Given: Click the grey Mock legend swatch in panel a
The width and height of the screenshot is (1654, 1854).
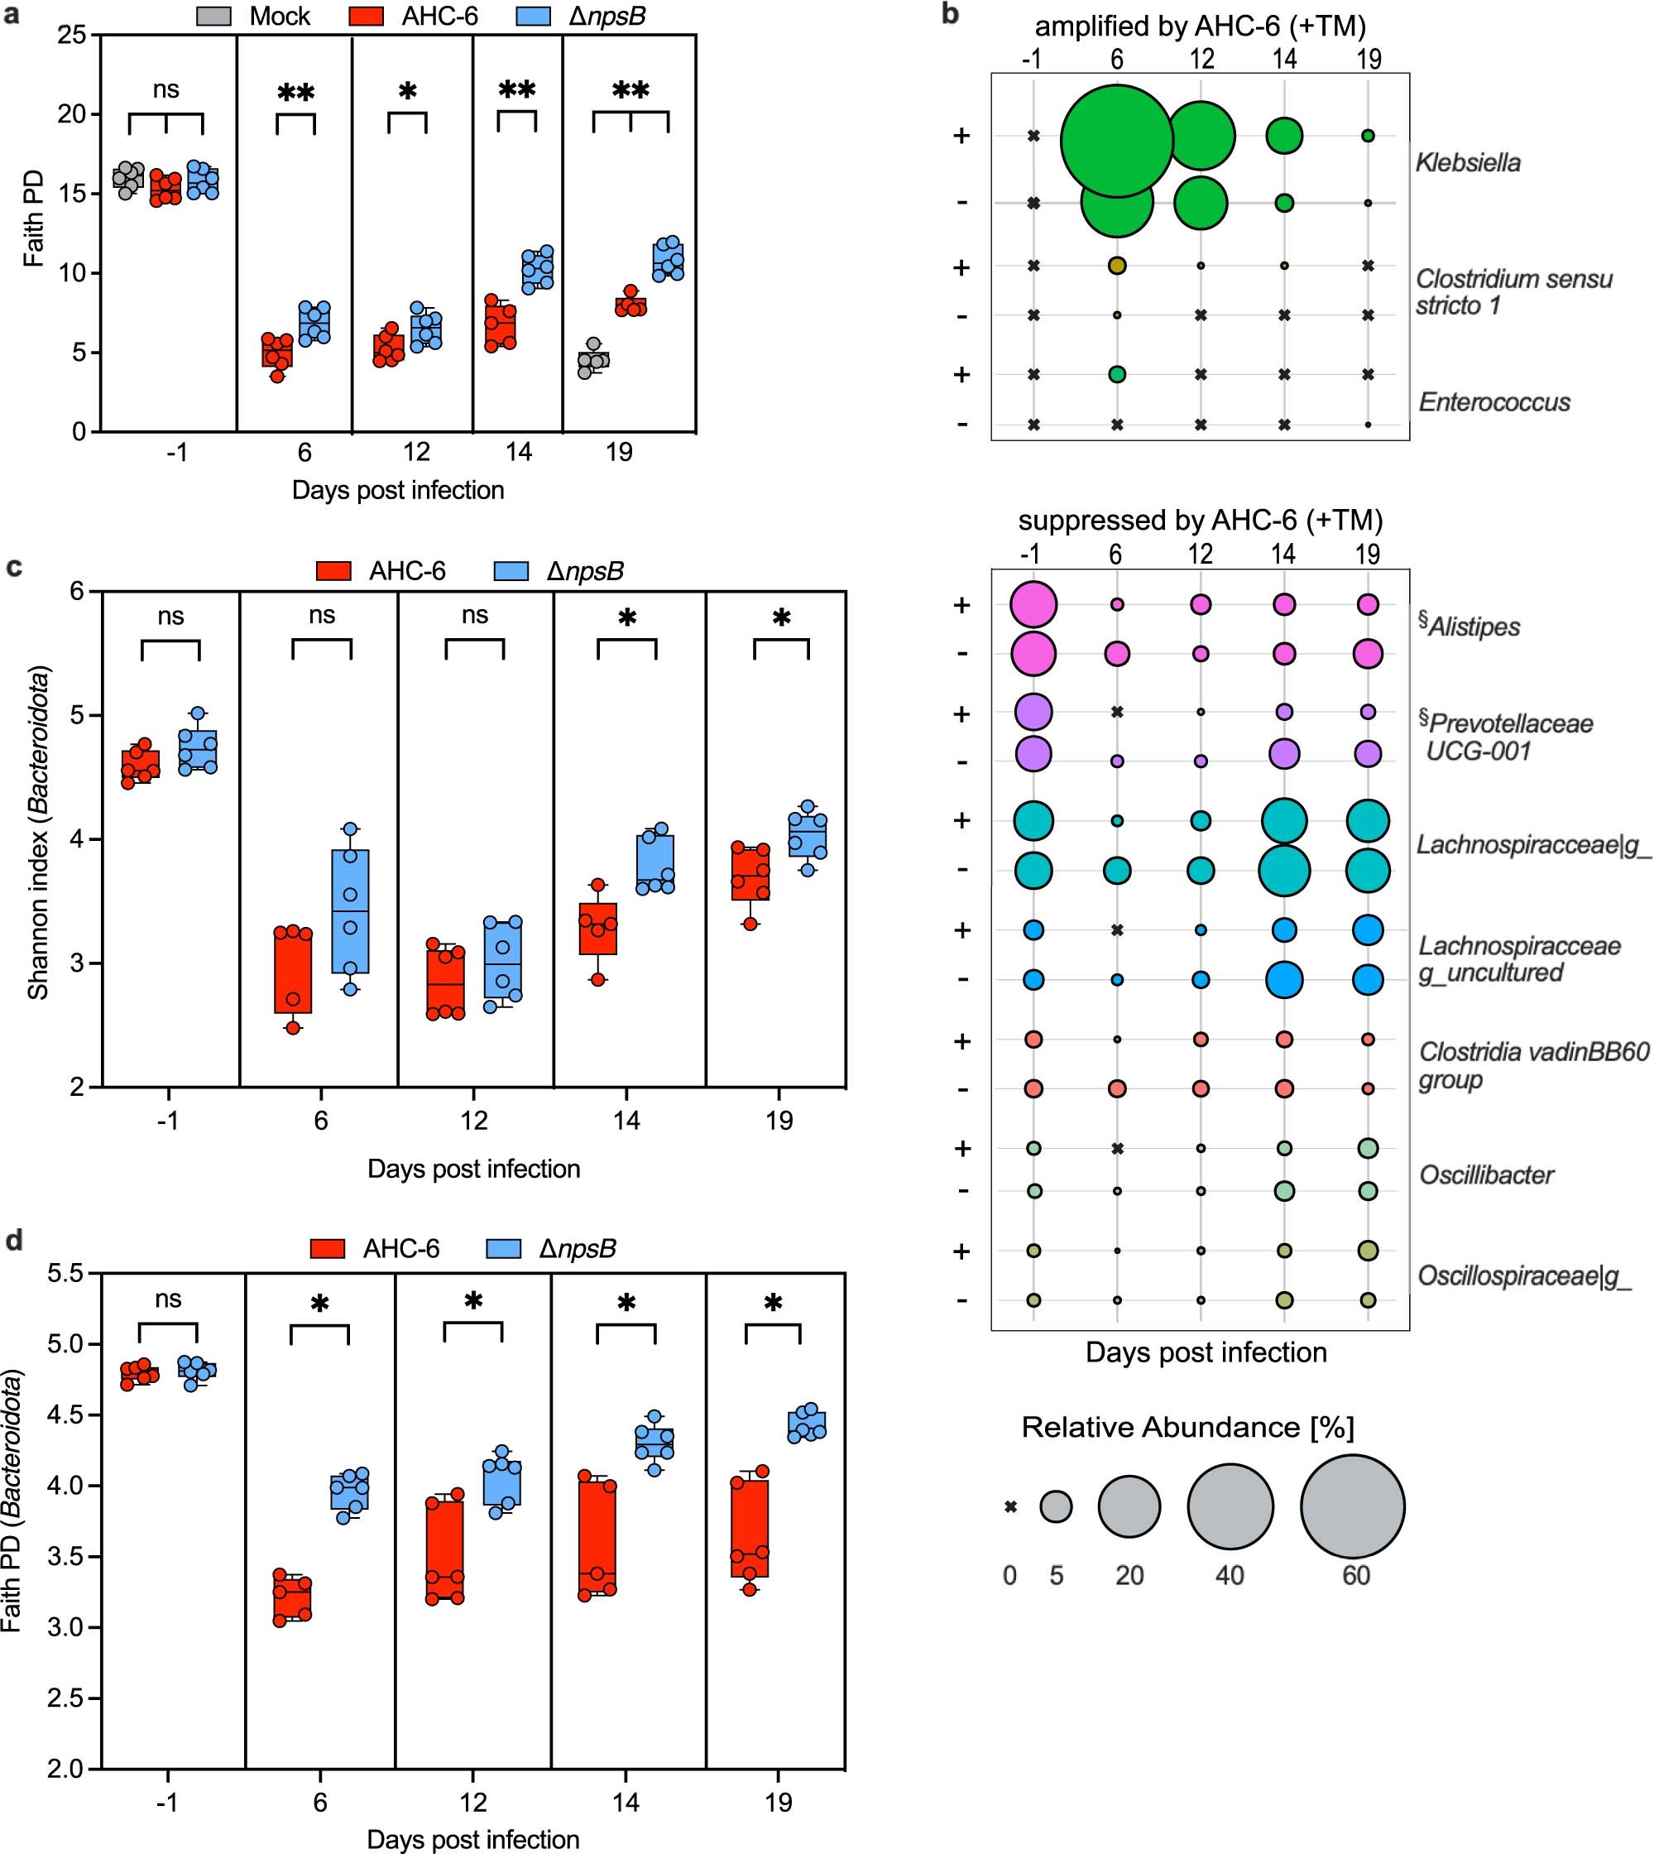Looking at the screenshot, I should pos(214,16).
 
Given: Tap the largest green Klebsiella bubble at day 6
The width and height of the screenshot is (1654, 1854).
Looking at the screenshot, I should pos(1117,141).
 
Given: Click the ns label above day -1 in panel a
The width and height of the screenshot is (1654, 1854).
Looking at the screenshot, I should pos(165,89).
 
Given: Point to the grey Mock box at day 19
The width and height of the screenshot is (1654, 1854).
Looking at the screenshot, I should pos(593,359).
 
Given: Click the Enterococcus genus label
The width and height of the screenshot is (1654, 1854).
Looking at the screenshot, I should pos(1494,402).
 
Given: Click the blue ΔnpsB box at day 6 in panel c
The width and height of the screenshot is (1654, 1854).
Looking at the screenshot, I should pos(351,911).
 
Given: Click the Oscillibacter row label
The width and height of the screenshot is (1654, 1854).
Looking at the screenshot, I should pos(1487,1174).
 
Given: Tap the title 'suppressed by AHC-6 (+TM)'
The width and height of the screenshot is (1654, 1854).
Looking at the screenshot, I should pos(1200,520).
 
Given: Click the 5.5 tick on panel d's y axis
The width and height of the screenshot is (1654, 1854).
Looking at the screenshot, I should pos(65,1274).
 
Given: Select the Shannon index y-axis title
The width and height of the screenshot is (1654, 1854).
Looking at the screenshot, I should pos(38,833).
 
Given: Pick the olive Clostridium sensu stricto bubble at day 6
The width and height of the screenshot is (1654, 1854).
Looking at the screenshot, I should pos(1117,266).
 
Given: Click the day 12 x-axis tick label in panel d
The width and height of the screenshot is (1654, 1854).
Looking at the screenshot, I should pos(472,1802).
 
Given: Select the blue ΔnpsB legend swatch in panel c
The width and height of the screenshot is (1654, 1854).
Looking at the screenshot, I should pos(511,571).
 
